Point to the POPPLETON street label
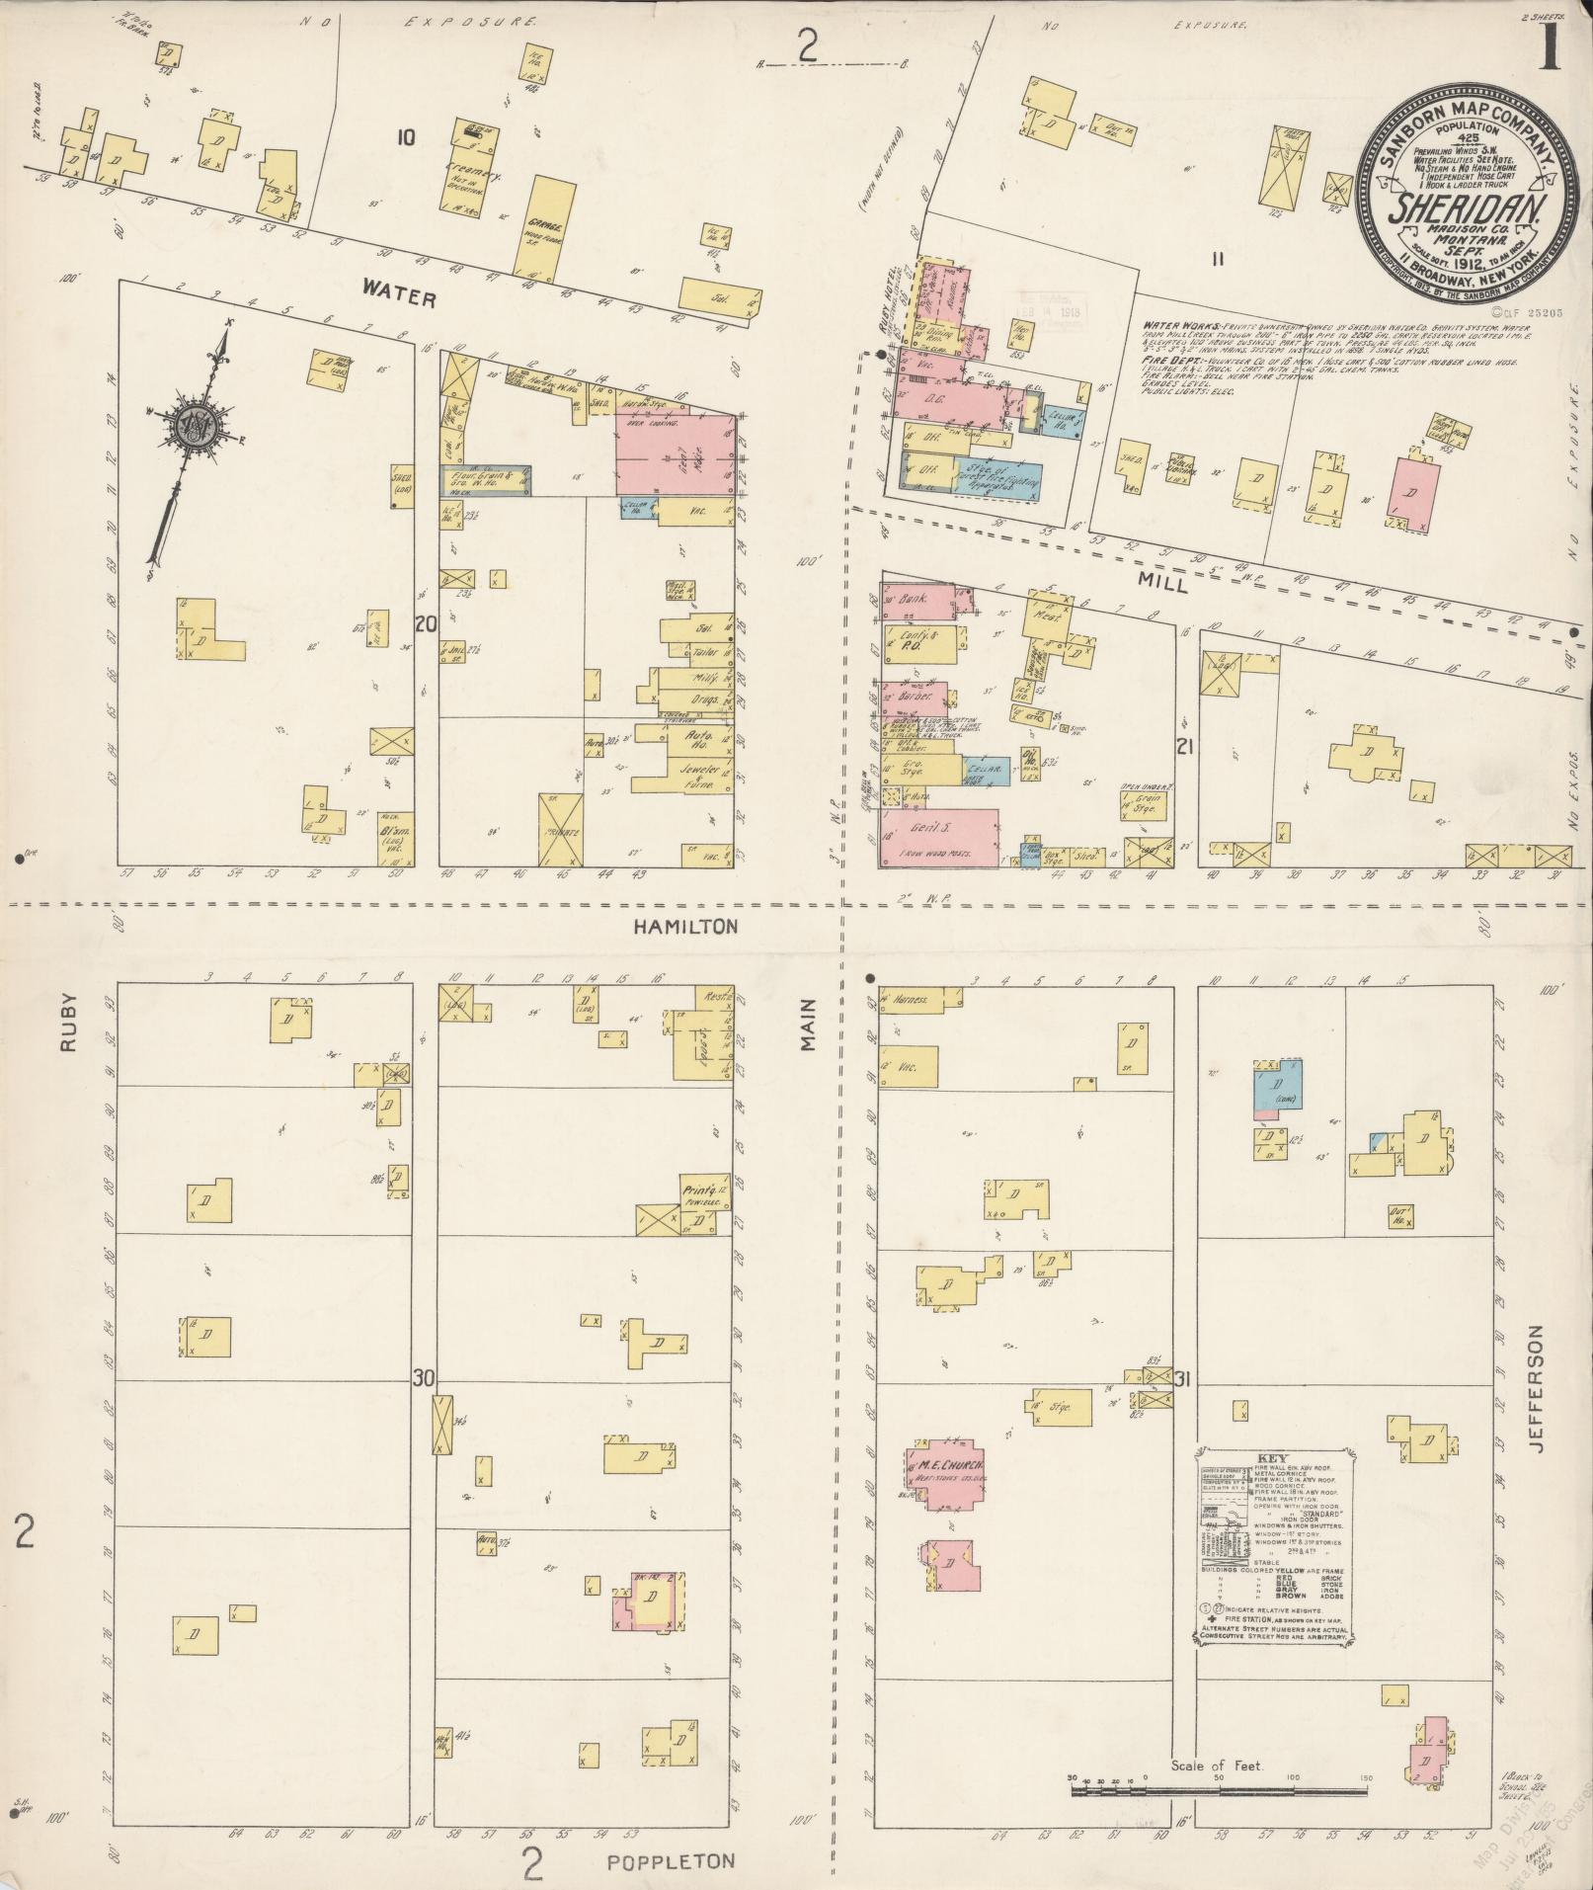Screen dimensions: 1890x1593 click(671, 1861)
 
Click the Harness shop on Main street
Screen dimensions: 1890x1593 click(918, 1000)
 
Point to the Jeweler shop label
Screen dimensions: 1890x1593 click(699, 768)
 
